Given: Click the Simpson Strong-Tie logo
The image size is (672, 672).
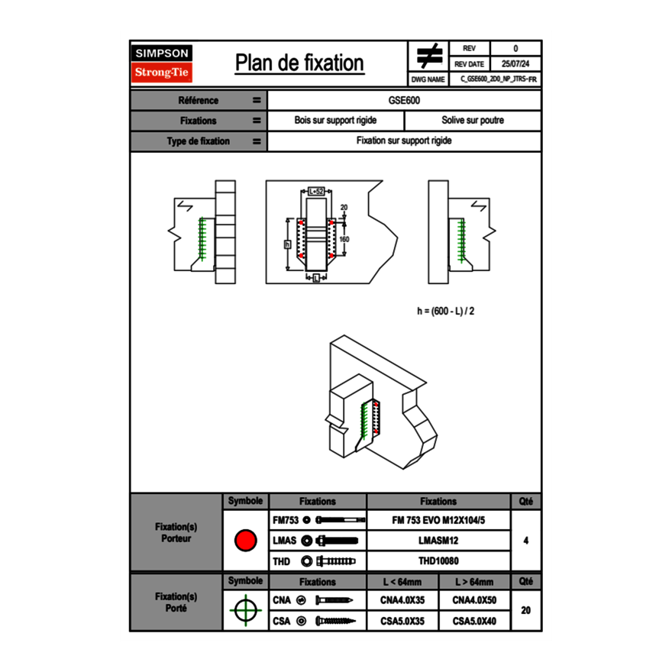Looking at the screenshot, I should pos(163,63).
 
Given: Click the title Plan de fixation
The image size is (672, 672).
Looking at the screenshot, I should pos(299,63).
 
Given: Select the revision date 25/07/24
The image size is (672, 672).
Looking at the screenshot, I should pos(515,64).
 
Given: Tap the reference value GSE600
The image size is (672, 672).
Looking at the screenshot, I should pos(405,100).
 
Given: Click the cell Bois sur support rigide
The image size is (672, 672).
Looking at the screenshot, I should pos(336,121).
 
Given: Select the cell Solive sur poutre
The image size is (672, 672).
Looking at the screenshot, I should pos(473,121).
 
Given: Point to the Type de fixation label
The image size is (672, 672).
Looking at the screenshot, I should pos(199,141).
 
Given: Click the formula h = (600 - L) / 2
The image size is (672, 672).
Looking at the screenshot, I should pos(451,311).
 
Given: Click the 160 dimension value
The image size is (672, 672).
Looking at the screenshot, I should pos(344,239).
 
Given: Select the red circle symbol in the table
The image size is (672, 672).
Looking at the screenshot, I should pos(245,541).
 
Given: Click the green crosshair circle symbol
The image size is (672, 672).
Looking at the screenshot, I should pos(245,609).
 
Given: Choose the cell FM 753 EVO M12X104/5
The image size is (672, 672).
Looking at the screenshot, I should pos(438,520).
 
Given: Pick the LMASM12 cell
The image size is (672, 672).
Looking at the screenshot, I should pos(438,541).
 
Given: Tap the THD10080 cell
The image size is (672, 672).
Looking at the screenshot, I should pos(438,561).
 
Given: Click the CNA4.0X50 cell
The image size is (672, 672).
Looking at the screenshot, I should pos(474,600).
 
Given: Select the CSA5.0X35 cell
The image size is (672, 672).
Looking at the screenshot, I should pos(402,621).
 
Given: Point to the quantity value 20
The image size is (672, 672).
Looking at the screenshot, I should pos(525,610).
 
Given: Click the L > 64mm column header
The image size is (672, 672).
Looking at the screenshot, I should pos(474,582).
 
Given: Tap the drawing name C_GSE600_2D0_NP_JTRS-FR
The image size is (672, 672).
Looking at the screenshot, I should pos(499,79).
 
